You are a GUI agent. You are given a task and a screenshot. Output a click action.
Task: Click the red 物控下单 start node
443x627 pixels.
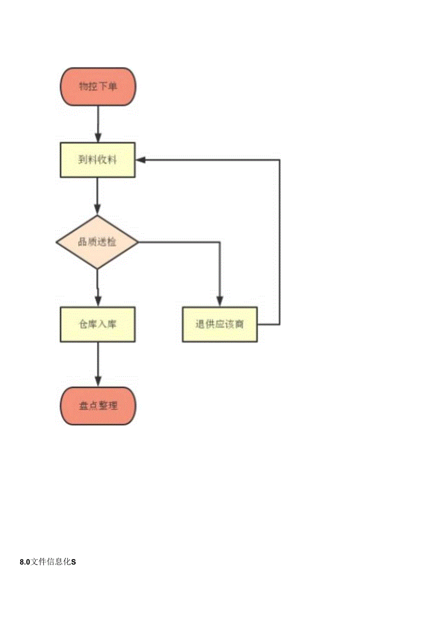(x=98, y=87)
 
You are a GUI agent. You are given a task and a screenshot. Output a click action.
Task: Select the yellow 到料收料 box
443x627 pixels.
(x=98, y=160)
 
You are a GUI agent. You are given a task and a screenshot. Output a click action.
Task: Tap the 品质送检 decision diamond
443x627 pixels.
(x=97, y=242)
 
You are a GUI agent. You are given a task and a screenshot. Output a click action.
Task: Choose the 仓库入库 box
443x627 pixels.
(x=98, y=324)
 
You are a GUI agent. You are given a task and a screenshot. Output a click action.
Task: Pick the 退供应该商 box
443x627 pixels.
(x=220, y=324)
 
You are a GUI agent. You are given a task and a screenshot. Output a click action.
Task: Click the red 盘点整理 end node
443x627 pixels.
(x=98, y=406)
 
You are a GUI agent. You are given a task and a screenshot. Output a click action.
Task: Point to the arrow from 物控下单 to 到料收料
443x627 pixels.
(x=98, y=123)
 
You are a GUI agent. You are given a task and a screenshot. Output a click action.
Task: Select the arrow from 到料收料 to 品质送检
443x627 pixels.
(x=98, y=195)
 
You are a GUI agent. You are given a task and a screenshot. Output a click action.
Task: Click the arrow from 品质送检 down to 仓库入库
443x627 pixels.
(x=98, y=287)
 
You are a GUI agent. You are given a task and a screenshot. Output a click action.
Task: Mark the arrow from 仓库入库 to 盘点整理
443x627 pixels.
(x=98, y=364)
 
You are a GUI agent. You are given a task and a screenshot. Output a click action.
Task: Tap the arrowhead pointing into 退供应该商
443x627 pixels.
(x=220, y=302)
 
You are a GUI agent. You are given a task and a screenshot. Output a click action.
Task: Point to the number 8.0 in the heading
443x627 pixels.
(x=25, y=561)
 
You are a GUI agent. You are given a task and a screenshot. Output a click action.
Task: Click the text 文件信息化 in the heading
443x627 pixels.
(x=51, y=561)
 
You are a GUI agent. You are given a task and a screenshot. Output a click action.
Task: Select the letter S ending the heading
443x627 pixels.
(x=74, y=561)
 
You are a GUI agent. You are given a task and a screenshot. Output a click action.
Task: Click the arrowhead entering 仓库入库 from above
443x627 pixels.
(x=98, y=302)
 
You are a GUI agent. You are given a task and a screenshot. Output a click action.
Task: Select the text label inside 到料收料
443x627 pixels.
(x=98, y=160)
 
